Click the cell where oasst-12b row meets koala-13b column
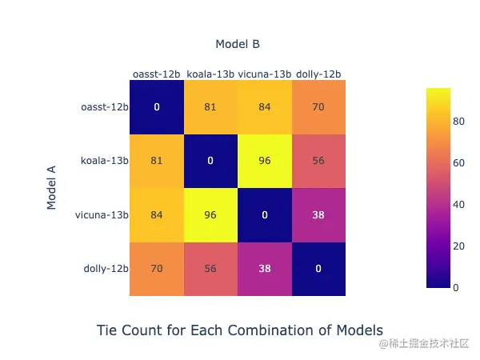(210, 107)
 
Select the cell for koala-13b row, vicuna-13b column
(265, 161)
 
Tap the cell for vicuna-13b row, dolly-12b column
(318, 215)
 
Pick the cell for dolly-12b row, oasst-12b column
(157, 269)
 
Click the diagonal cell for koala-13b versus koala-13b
(210, 161)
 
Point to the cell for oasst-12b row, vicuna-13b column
(265, 107)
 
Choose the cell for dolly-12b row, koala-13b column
(210, 269)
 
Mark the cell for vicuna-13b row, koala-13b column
(210, 215)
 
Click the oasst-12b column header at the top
(157, 74)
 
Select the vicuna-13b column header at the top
(265, 74)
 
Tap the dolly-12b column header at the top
(318, 74)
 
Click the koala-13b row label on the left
(104, 161)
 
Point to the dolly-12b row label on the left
(106, 269)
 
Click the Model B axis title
(238, 44)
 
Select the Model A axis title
(51, 188)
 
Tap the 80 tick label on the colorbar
(458, 122)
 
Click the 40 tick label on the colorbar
(458, 205)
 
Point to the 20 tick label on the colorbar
(458, 246)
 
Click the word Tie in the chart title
(107, 330)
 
